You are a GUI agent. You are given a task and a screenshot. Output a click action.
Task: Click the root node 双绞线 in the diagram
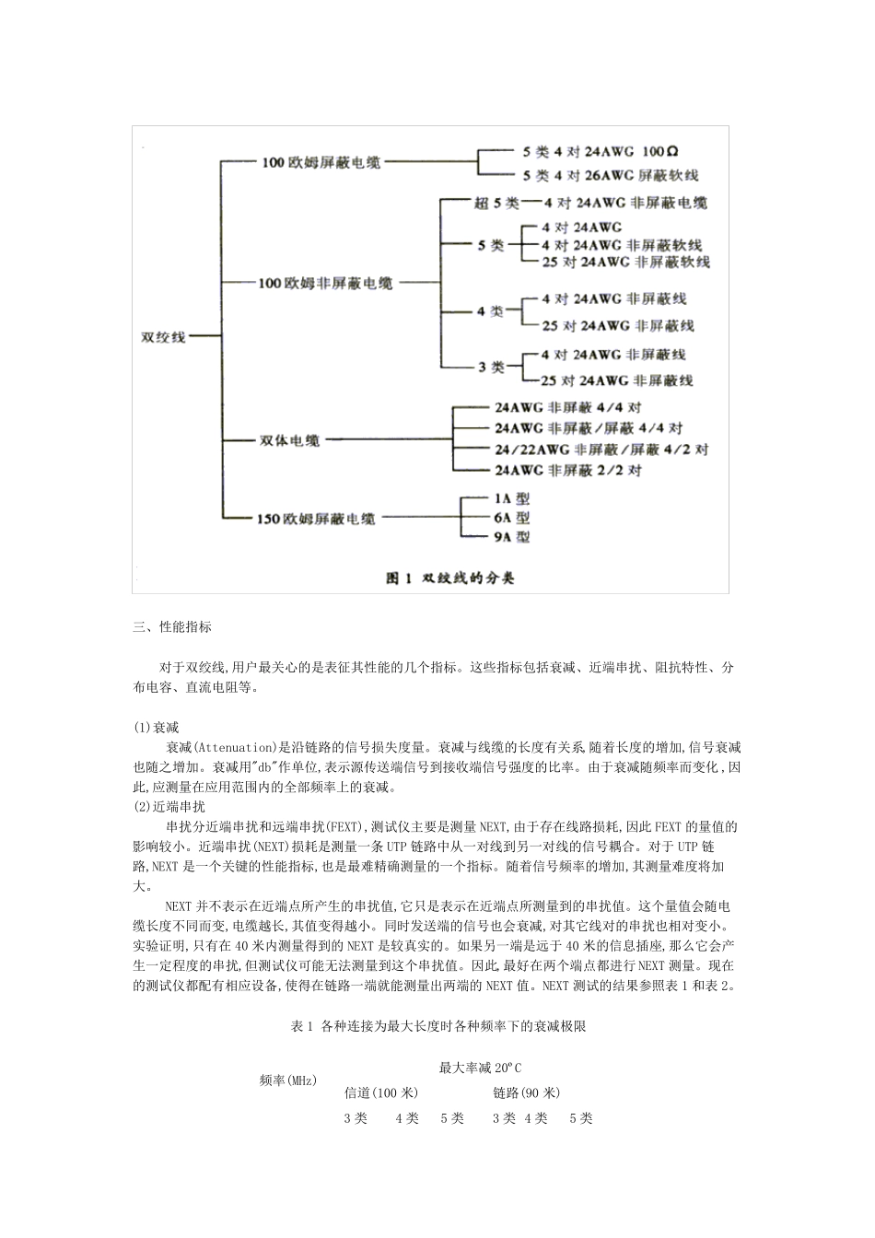tap(162, 337)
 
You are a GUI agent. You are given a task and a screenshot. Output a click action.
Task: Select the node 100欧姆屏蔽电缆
tap(321, 162)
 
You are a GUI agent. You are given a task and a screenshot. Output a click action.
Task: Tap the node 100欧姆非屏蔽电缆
tap(325, 283)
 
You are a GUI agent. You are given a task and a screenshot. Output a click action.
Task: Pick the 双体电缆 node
tap(288, 441)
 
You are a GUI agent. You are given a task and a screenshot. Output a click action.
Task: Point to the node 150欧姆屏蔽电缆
tap(315, 519)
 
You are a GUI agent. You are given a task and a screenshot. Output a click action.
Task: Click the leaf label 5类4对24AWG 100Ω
tap(601, 150)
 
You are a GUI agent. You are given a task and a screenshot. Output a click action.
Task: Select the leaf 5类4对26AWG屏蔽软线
tap(611, 175)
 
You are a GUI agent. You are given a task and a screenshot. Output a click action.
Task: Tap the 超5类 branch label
tap(496, 203)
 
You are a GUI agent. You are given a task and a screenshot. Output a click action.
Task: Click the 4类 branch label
tap(490, 311)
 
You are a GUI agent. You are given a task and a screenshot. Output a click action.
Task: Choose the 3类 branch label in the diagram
tap(491, 367)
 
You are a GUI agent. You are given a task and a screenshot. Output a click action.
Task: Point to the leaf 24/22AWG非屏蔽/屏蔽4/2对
tap(601, 450)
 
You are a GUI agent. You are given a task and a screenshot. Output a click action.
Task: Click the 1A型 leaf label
tap(511, 497)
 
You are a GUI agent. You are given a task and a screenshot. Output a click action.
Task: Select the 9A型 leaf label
tap(511, 537)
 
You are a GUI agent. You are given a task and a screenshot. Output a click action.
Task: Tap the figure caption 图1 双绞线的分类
tap(449, 578)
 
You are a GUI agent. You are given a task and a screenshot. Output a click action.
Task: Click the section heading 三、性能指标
tap(172, 627)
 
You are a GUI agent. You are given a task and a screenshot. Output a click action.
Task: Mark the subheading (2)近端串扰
tap(169, 806)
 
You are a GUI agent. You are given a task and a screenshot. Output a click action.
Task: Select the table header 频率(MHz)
tap(288, 1080)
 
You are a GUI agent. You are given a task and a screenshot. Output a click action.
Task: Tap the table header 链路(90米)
tap(526, 1093)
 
